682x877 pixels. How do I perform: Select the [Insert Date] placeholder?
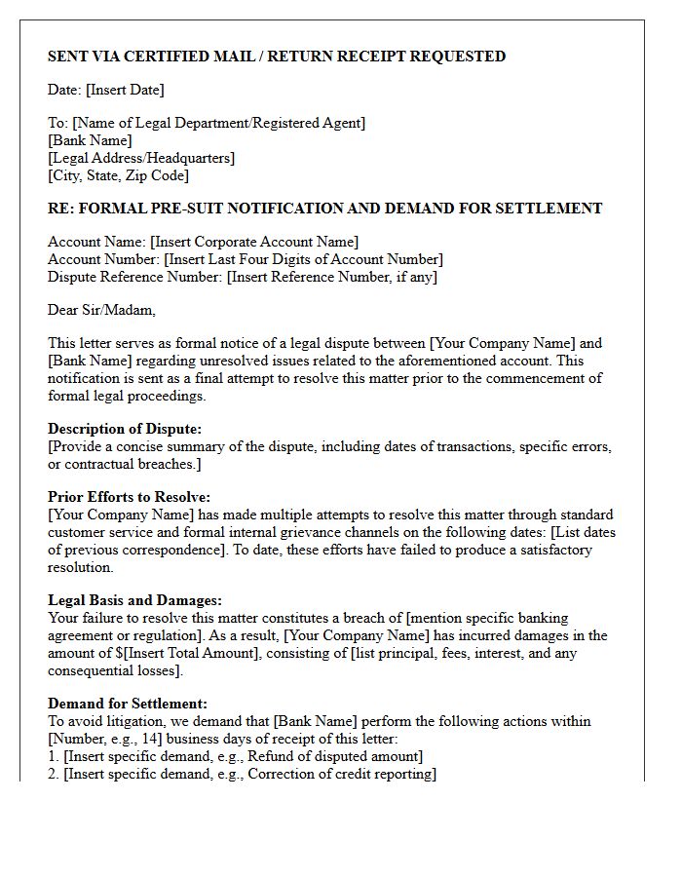(x=125, y=90)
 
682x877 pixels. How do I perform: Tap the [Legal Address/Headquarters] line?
(x=141, y=158)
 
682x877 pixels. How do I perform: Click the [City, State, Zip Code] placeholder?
(x=118, y=175)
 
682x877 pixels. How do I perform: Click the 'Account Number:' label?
(x=104, y=259)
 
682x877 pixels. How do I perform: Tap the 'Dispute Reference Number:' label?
(x=135, y=277)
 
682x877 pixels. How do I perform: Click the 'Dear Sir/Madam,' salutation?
(x=101, y=310)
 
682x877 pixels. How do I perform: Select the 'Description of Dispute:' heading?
(x=125, y=429)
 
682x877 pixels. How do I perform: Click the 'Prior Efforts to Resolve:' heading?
(x=129, y=497)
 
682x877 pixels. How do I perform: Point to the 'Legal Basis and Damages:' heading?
(x=134, y=600)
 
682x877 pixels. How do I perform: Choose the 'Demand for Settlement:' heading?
(x=128, y=704)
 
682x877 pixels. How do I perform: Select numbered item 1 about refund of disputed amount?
(x=235, y=756)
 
